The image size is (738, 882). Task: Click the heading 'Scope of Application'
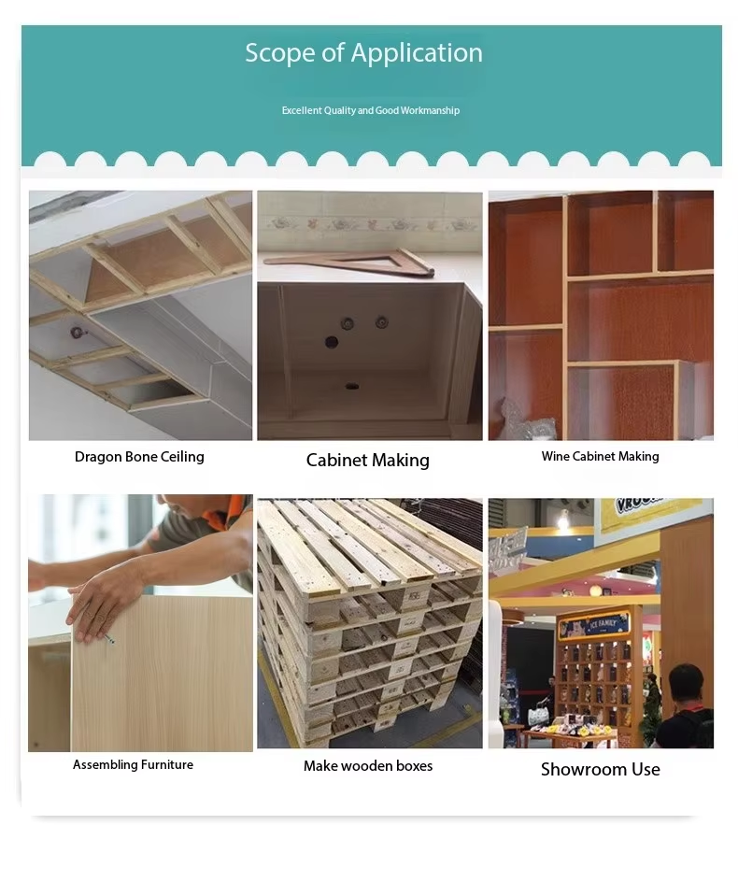click(x=363, y=53)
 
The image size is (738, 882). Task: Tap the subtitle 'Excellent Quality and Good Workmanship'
click(x=371, y=110)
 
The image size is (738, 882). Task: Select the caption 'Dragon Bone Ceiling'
click(x=139, y=456)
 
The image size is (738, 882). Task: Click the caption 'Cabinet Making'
click(x=368, y=460)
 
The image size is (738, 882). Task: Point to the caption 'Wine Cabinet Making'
click(x=600, y=456)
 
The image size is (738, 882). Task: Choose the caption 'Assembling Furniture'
click(x=133, y=764)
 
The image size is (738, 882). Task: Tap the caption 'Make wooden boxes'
click(x=368, y=765)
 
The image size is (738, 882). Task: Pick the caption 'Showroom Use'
click(x=600, y=769)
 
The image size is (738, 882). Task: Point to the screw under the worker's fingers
click(x=109, y=639)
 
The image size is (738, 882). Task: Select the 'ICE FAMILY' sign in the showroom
click(x=593, y=625)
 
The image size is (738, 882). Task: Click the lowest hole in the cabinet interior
click(x=352, y=387)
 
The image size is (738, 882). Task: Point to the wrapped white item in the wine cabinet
click(x=526, y=420)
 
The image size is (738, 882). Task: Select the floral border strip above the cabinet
click(x=370, y=224)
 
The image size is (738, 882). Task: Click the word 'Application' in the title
click(x=417, y=54)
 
